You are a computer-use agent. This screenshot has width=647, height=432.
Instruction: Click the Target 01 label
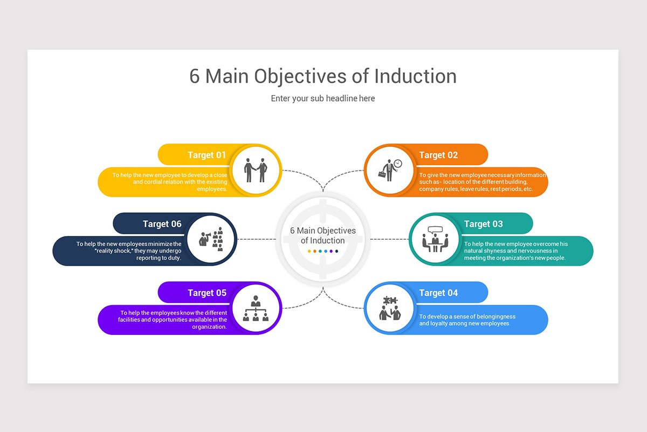point(207,155)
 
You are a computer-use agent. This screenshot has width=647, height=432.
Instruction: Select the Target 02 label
point(438,155)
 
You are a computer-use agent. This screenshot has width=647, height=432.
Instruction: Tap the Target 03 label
point(483,224)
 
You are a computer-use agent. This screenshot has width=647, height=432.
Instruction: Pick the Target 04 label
point(438,293)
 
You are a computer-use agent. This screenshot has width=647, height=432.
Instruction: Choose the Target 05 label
point(207,293)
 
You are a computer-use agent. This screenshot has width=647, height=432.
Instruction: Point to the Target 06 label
point(162,224)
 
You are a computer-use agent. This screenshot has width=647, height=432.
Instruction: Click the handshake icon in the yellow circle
point(256,170)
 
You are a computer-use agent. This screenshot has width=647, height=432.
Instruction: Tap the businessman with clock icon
point(389,170)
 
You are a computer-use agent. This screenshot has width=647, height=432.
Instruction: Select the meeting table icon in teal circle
point(435,239)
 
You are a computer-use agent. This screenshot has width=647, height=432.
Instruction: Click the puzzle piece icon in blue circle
point(389,308)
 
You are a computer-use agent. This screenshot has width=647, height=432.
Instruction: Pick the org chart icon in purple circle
point(256,308)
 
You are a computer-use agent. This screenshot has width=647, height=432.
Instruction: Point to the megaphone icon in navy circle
point(211,239)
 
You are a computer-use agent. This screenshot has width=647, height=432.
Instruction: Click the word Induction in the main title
point(415,76)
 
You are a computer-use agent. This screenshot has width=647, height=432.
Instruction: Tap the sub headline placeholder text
point(323,98)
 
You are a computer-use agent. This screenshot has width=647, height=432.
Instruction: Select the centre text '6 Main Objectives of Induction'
point(323,235)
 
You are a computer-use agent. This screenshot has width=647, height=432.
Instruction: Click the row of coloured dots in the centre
point(323,251)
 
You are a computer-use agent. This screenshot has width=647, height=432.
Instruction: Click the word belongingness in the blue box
point(491,316)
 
